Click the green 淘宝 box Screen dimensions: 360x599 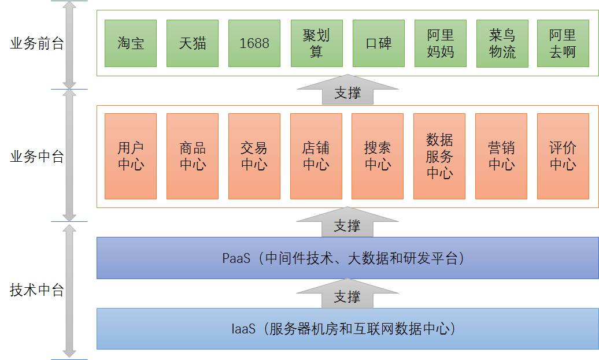[131, 43]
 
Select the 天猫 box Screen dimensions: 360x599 [193, 43]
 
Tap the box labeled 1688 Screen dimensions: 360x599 [254, 43]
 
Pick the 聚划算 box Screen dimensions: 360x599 [316, 43]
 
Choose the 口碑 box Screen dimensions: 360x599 [378, 43]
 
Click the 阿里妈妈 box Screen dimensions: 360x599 [440, 43]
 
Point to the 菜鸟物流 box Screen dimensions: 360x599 [501, 43]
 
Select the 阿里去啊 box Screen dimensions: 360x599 [563, 43]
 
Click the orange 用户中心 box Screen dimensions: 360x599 [131, 156]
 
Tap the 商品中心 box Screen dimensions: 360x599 [193, 156]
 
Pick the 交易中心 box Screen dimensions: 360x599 [254, 156]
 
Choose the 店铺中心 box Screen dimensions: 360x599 [316, 156]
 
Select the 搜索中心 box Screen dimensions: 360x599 [378, 156]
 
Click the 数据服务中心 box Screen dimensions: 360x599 [439, 156]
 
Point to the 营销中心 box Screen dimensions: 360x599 [501, 156]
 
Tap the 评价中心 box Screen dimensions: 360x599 [563, 156]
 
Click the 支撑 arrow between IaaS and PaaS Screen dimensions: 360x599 [347, 296]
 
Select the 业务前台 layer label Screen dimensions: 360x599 [37, 44]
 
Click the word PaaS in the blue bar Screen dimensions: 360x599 [236, 258]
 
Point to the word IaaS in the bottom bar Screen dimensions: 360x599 [243, 329]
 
